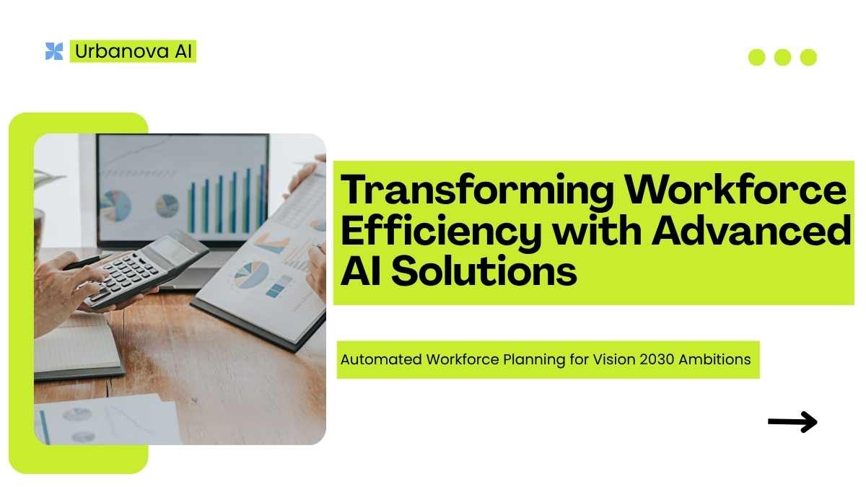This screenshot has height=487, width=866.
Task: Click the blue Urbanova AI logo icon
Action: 54,51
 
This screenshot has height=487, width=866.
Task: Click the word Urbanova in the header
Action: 122,51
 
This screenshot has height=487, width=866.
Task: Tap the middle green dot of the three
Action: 782,58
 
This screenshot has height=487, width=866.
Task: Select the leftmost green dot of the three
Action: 756,58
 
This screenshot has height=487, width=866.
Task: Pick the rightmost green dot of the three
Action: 808,58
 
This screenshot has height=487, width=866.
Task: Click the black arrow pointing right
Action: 792,421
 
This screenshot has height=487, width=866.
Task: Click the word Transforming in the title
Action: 477,191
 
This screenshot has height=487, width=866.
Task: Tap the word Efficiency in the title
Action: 441,232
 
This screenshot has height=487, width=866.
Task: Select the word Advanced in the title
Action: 751,230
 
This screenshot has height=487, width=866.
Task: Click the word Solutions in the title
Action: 484,271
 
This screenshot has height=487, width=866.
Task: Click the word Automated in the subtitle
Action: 381,359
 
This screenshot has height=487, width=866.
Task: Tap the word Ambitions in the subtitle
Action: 715,359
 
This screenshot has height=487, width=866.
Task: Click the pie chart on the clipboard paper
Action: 250,275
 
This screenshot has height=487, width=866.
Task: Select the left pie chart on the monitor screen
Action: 115,206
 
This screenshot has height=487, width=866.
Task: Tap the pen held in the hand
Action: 87,262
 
